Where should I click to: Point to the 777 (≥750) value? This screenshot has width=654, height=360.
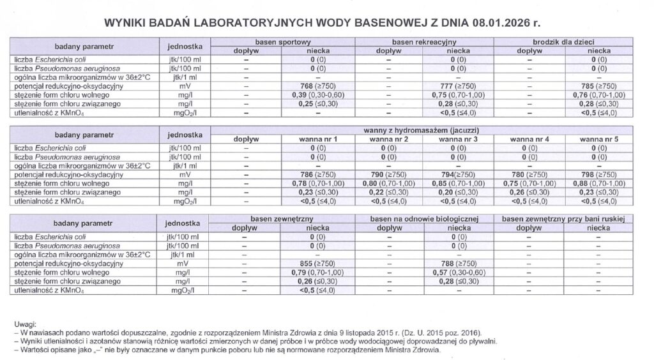[458, 86]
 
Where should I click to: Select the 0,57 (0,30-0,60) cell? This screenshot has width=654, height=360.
[458, 271]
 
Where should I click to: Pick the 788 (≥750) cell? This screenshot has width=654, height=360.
[458, 262]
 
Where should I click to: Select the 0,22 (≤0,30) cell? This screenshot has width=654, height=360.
[388, 191]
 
